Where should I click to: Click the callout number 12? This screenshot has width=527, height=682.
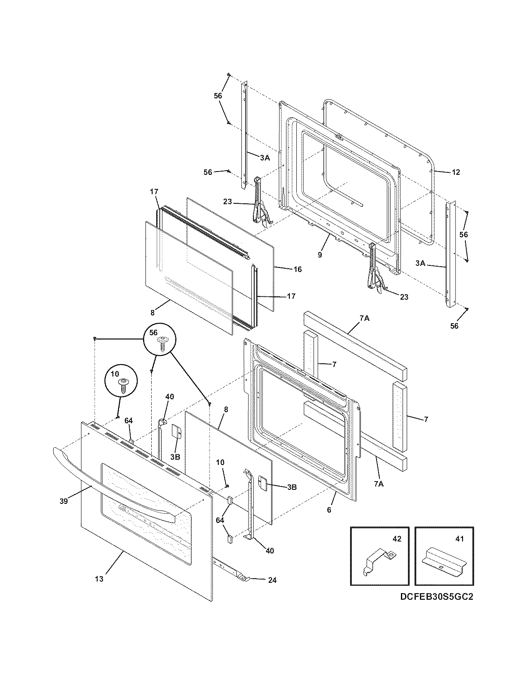(x=455, y=172)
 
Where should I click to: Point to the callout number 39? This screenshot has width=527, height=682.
(x=63, y=501)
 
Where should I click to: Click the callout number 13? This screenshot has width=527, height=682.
(x=99, y=579)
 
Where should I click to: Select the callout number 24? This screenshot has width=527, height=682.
(x=272, y=580)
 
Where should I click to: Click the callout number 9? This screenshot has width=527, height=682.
(x=320, y=255)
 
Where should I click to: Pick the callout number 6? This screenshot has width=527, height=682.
(x=329, y=510)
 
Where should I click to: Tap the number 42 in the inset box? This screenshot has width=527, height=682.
(x=396, y=539)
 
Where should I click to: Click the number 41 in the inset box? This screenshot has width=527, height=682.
(x=460, y=539)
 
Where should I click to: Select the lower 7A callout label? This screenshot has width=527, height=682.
(x=379, y=483)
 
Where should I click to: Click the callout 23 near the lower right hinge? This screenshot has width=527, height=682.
(x=404, y=297)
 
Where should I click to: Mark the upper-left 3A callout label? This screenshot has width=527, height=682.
(x=265, y=157)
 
